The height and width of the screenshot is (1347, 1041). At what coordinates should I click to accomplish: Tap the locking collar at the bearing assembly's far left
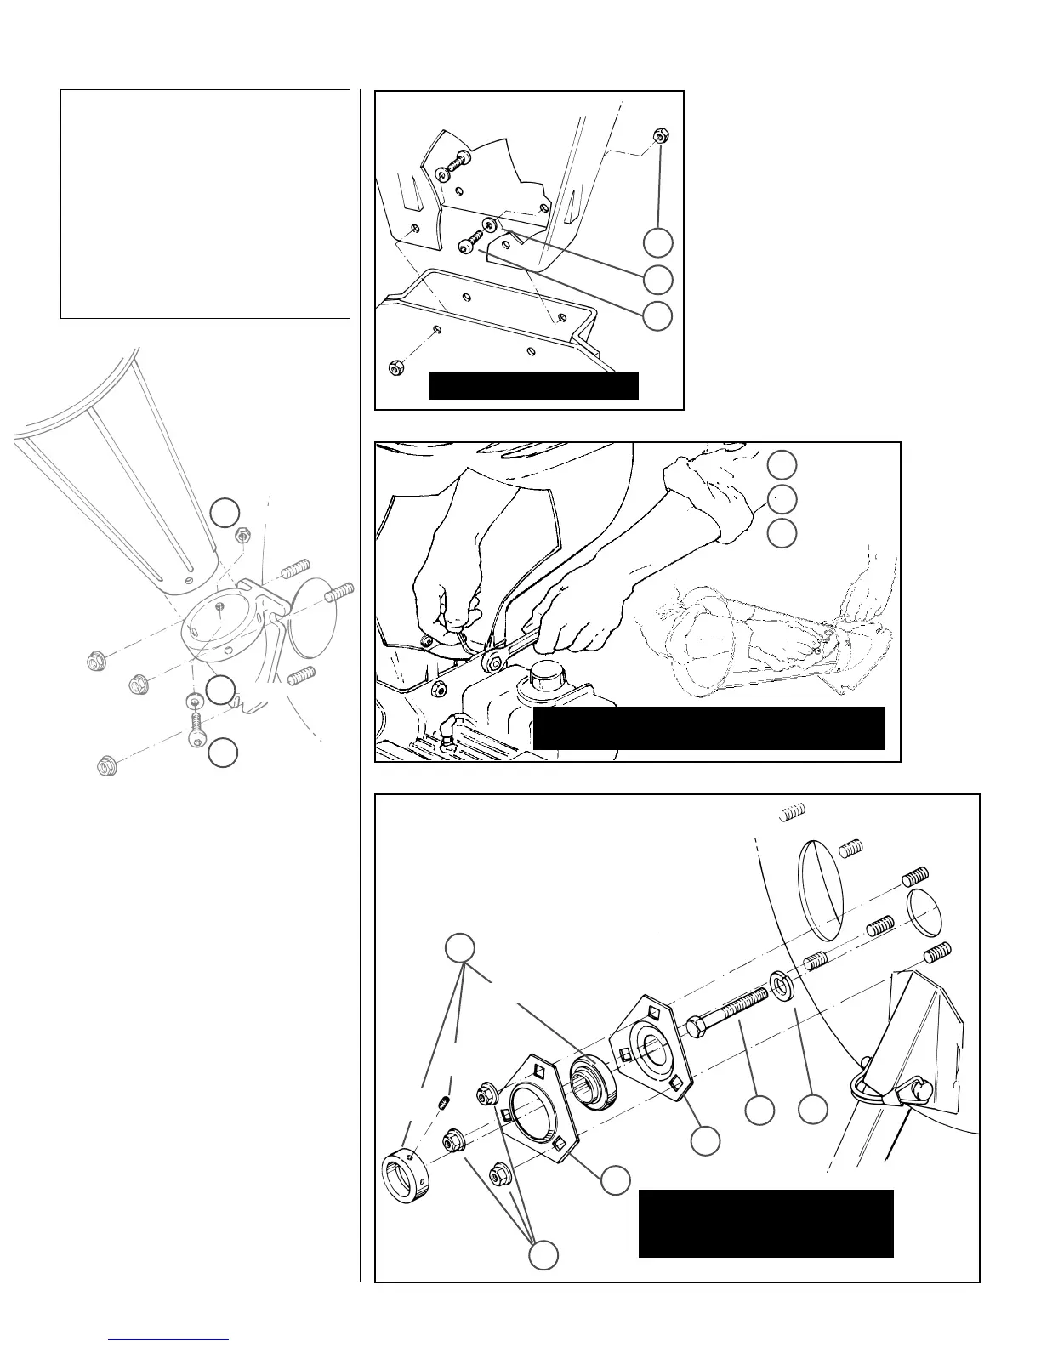404,1176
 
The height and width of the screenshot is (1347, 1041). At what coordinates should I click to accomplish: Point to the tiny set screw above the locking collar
442,1104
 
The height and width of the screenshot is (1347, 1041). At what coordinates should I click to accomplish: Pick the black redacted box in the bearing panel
765,1223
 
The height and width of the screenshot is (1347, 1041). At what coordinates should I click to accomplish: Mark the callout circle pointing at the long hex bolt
759,1111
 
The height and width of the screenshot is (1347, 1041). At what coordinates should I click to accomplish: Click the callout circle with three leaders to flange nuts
544,1254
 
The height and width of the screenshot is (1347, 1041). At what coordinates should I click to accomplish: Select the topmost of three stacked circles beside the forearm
782,464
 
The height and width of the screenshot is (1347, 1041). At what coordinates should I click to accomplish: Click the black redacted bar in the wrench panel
709,728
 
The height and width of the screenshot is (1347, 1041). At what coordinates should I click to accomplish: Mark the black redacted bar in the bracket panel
533,385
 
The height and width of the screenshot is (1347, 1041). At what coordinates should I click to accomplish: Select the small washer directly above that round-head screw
193,701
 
